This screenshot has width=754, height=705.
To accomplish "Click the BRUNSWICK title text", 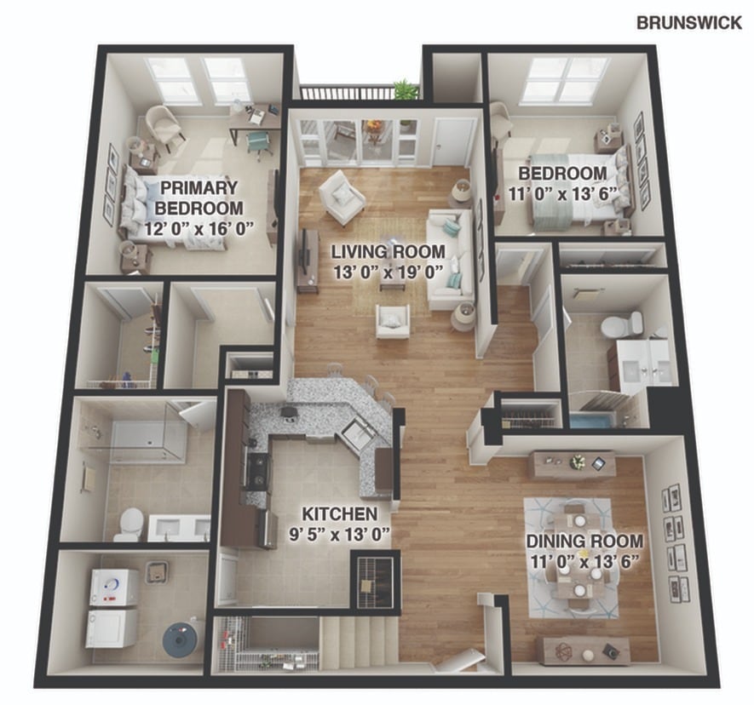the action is pos(689,23).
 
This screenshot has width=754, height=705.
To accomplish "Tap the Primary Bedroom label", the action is pos(199,198).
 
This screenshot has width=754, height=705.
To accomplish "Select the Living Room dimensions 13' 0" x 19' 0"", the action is pos(388,272).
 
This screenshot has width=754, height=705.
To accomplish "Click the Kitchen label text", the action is pos(339,513).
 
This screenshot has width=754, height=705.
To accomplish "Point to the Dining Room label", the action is pos(584,541).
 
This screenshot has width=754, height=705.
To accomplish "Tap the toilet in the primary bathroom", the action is pos(131,524).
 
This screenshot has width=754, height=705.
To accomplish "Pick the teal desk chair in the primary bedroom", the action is pos(259,143).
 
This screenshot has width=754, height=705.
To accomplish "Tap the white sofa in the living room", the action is pos(451,259).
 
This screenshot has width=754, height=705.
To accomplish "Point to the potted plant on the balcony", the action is pos(406,89).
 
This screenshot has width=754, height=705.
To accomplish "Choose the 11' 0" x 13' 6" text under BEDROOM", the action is pos(562,193).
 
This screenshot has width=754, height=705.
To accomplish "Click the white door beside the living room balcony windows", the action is pos(453,142).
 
